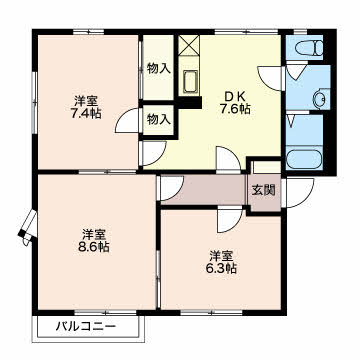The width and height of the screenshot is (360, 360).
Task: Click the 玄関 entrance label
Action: pyautogui.click(x=263, y=190)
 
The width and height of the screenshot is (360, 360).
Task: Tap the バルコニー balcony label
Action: pyautogui.click(x=86, y=326)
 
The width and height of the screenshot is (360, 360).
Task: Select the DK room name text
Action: pyautogui.click(x=235, y=97)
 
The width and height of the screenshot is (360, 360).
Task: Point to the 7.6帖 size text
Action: pyautogui.click(x=235, y=109)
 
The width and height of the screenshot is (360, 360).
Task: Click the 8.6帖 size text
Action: pyautogui.click(x=94, y=247)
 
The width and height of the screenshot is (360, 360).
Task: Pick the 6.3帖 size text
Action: pyautogui.click(x=221, y=268)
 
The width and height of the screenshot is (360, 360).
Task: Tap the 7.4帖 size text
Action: pyautogui.click(x=86, y=114)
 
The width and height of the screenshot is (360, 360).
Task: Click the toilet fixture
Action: pyautogui.click(x=309, y=48)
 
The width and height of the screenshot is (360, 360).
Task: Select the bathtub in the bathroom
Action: pyautogui.click(x=304, y=160)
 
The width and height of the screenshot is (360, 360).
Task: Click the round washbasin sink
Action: pyautogui.click(x=319, y=99)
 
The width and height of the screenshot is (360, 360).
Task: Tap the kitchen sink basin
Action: pyautogui.click(x=189, y=82)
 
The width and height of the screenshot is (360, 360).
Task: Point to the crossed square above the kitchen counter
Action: pyautogui.click(x=189, y=45)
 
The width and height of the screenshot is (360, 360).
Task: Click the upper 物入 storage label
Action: pyautogui.click(x=159, y=69)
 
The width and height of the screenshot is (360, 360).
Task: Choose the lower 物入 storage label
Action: pyautogui.click(x=159, y=119)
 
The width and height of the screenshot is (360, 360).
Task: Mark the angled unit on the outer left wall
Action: pyautogui.click(x=27, y=227)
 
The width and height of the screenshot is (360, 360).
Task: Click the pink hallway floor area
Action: pyautogui.click(x=204, y=189)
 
